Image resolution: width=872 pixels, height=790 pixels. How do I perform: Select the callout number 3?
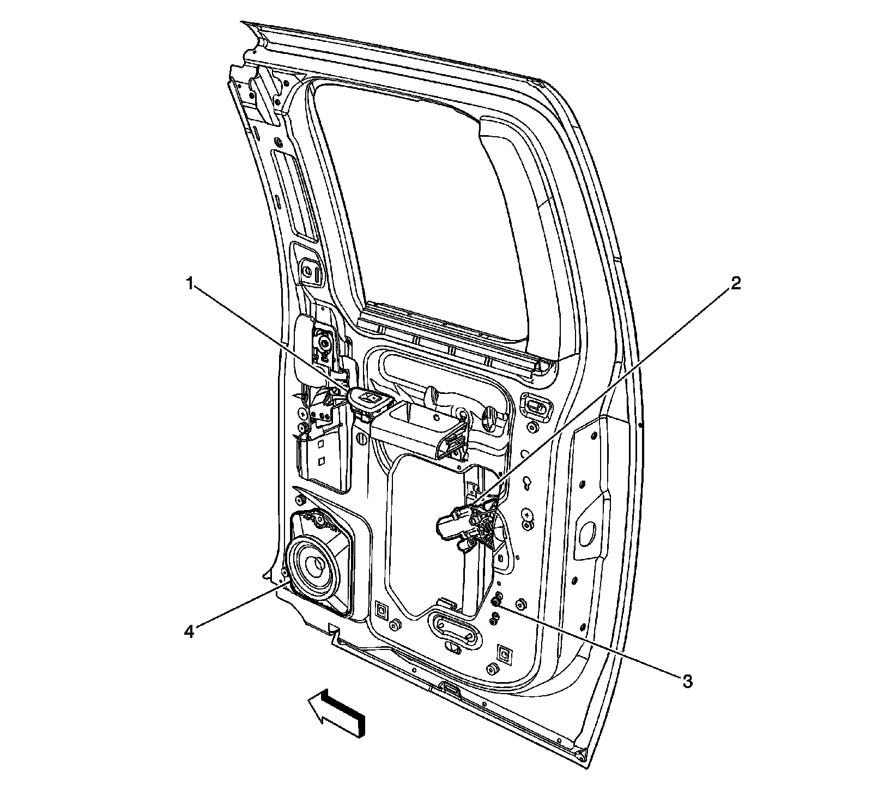688,680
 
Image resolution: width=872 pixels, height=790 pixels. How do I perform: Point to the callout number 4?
189,632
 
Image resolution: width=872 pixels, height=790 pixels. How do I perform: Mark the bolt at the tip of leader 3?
496,601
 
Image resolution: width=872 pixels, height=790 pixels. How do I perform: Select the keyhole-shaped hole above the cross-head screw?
528,484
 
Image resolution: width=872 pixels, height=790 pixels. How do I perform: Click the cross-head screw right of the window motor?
526,513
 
